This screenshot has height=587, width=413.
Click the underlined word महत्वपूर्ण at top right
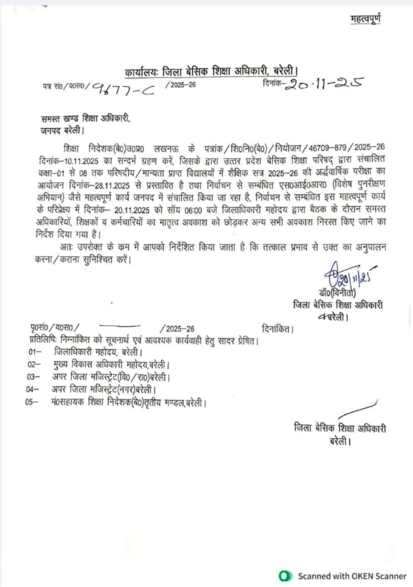[365, 19]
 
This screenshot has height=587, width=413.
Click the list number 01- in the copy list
[35, 353]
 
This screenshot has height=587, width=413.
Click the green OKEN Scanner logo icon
[285, 576]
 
